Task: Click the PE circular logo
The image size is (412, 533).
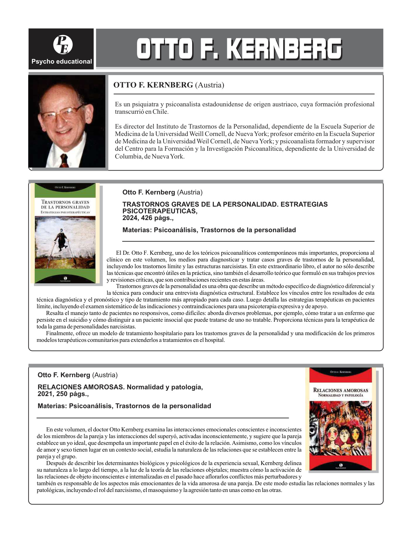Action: point(63,45)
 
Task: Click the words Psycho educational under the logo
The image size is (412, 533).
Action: point(62,62)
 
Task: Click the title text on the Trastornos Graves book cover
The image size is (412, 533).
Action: point(65,205)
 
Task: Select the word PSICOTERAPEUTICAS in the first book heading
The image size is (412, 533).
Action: point(160,211)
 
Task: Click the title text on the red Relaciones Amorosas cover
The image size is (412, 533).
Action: point(341,390)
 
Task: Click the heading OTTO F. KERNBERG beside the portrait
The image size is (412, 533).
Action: point(153,85)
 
